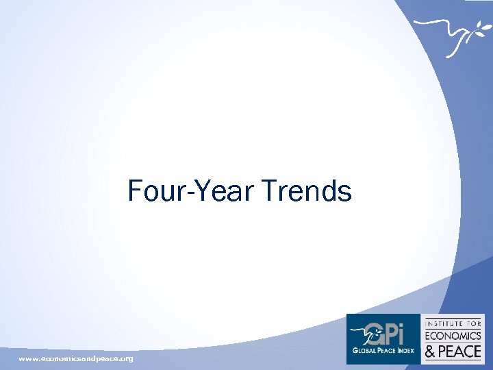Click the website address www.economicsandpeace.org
point(76,358)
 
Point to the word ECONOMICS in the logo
point(453,336)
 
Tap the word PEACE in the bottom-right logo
point(461,351)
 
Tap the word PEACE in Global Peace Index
point(385,349)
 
